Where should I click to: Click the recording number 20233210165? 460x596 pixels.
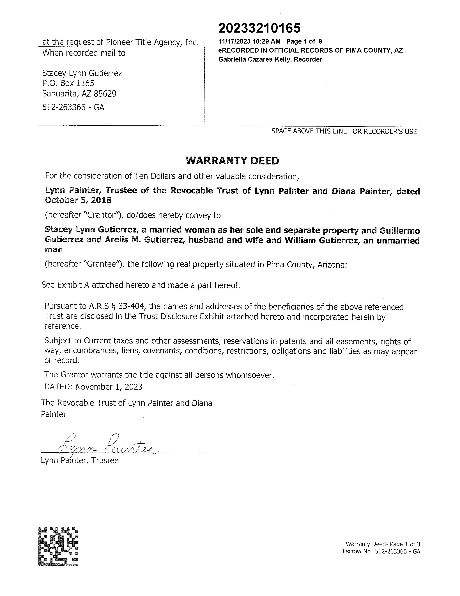(x=259, y=28)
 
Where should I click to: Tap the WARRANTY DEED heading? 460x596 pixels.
(x=232, y=161)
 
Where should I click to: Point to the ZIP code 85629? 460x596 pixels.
(x=105, y=94)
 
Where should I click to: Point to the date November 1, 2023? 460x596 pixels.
(x=109, y=387)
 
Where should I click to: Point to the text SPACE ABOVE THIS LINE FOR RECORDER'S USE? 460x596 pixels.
(x=344, y=132)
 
